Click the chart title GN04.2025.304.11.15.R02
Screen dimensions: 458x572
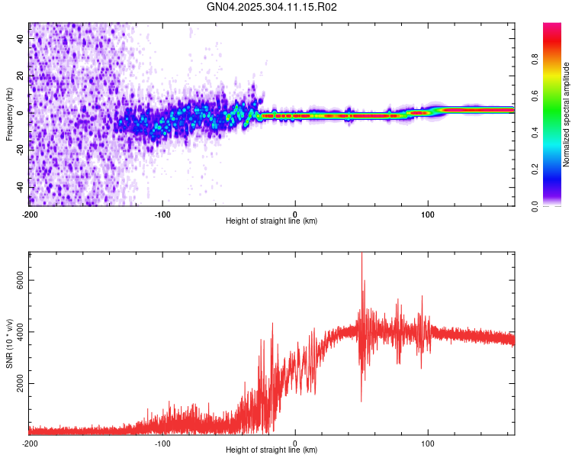point(272,7)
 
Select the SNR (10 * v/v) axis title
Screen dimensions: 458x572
point(9,343)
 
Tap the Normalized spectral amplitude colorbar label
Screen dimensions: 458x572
point(566,114)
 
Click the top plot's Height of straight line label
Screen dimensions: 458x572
point(272,221)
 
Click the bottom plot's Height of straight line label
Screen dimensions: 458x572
point(272,450)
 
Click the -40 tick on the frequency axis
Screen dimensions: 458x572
point(21,188)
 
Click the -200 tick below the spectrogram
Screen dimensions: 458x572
point(30,214)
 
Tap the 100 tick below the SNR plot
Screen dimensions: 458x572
point(428,443)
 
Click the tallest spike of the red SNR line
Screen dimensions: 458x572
point(362,253)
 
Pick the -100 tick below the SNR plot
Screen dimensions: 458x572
point(162,443)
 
